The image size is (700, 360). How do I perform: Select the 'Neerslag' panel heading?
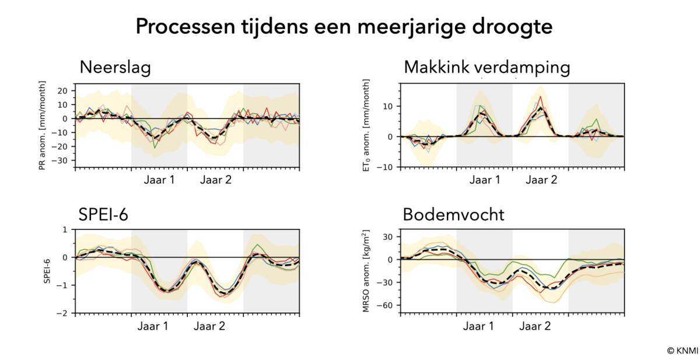[x=115, y=67]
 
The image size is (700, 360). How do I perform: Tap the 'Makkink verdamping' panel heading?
[x=487, y=67]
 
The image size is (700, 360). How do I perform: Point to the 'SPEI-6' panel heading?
[x=104, y=215]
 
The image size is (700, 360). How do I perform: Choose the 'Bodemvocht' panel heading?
[x=453, y=215]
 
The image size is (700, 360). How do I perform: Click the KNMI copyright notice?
[x=682, y=350]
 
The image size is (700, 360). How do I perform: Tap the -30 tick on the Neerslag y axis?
[x=64, y=160]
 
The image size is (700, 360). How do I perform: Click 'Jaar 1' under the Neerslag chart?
[x=159, y=180]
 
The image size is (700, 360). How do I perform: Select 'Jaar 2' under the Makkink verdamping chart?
[x=541, y=180]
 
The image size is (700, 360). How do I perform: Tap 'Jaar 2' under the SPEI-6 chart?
[x=209, y=326]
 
